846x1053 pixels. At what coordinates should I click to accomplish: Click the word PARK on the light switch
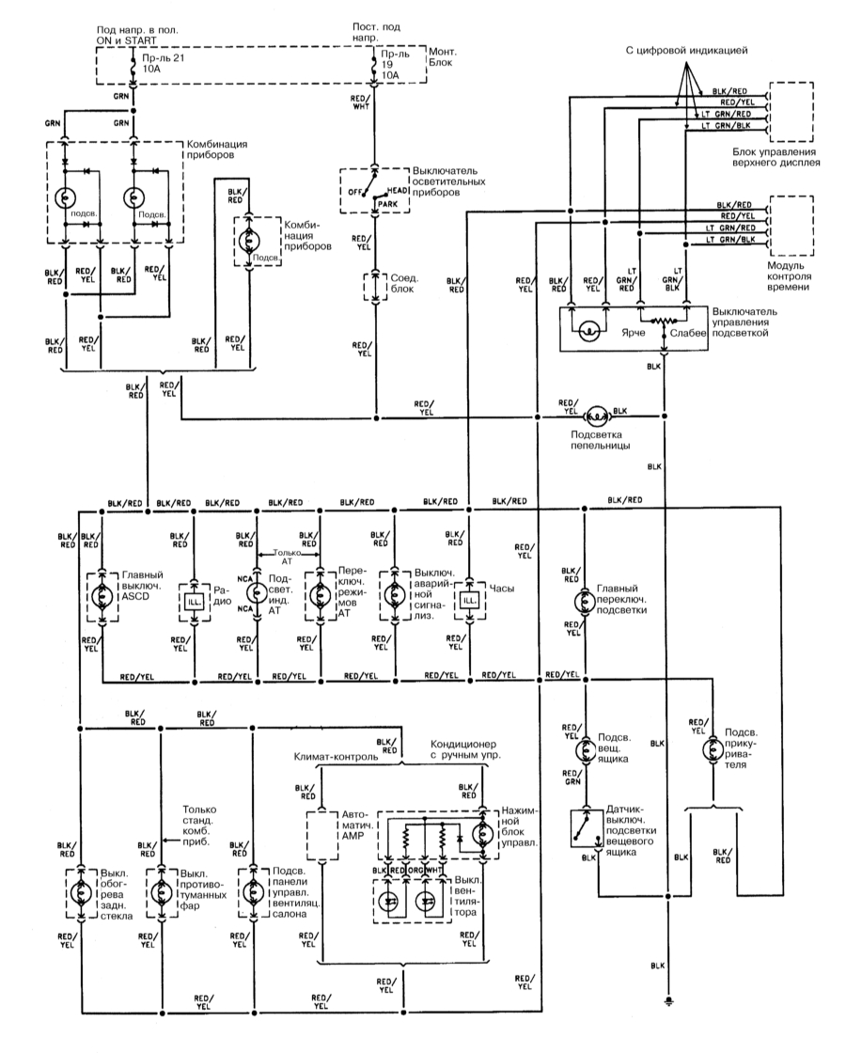388,202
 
